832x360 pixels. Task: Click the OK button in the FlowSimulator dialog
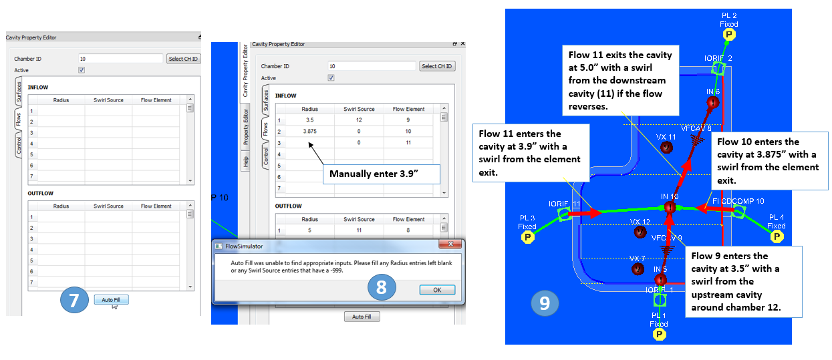[437, 290]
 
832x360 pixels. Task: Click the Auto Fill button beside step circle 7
[111, 299]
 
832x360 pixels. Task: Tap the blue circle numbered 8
[382, 287]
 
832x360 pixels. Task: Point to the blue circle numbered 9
[545, 303]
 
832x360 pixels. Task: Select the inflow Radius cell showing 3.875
[310, 132]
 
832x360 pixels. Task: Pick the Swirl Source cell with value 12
[359, 120]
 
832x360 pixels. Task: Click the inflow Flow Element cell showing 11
[408, 142]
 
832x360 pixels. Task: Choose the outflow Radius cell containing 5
[310, 230]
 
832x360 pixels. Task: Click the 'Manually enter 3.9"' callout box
[382, 174]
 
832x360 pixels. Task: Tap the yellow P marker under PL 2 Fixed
[729, 35]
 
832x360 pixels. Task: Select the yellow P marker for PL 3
[527, 237]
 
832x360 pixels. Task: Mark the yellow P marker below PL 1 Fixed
[660, 335]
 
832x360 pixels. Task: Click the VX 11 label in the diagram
[666, 137]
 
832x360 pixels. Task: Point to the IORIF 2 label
[718, 58]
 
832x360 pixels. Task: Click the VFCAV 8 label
[696, 128]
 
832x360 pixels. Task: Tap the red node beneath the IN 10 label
[670, 207]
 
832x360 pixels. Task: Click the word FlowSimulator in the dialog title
[244, 246]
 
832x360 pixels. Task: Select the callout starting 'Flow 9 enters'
[744, 282]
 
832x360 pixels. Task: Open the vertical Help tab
[245, 162]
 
